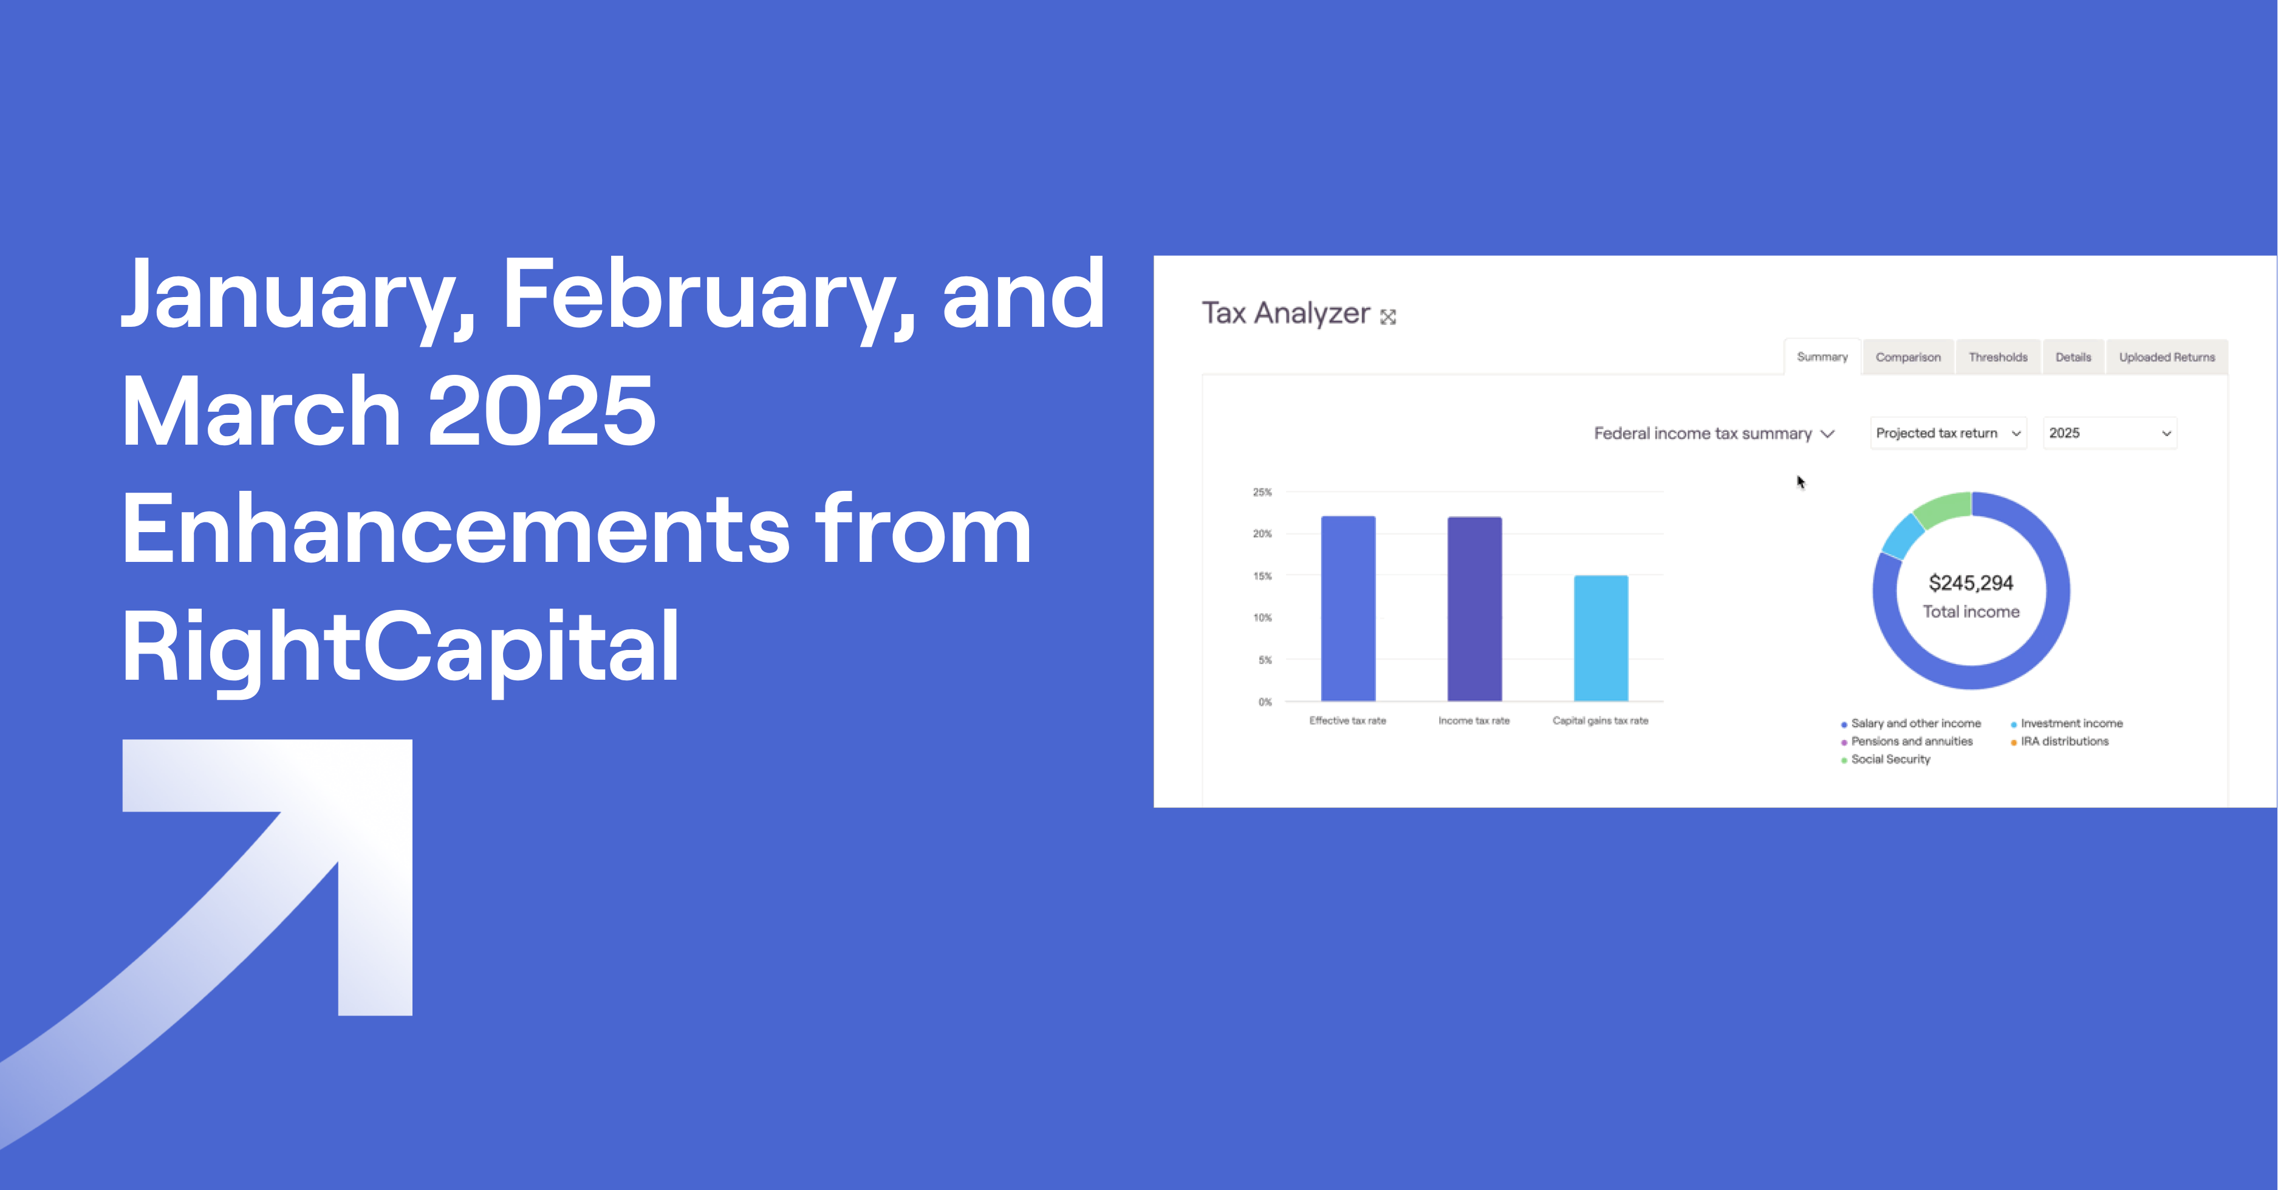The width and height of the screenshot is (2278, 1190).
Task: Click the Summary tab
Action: [1822, 357]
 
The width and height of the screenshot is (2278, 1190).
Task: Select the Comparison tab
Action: [1907, 357]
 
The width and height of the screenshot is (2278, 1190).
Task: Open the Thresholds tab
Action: [1998, 357]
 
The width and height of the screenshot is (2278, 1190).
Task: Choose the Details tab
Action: [2073, 357]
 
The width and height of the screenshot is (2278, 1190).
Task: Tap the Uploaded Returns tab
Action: [2167, 357]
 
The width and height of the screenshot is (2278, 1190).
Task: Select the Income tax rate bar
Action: [1474, 609]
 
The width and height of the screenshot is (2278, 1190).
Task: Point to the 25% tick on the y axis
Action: [1262, 493]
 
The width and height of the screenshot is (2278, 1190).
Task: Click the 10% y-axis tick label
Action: [1262, 618]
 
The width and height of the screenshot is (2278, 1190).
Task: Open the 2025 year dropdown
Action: [2109, 433]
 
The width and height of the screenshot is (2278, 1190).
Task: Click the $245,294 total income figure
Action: [1971, 583]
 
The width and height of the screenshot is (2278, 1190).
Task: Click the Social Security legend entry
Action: [1890, 759]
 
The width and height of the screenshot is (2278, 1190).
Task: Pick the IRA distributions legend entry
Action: [2064, 742]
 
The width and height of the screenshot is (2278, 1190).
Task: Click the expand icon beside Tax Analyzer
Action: [1389, 316]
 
